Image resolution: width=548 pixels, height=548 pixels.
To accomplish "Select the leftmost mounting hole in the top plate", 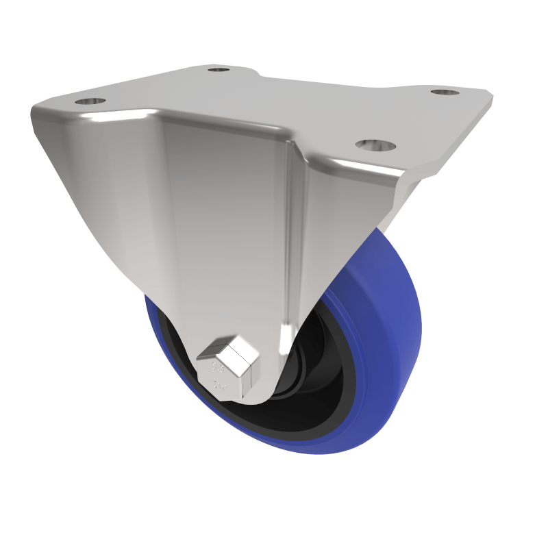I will (x=90, y=101).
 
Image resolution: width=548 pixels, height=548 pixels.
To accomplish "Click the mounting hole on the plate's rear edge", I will (x=219, y=69).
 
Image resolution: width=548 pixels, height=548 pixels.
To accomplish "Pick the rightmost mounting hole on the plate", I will (x=445, y=91).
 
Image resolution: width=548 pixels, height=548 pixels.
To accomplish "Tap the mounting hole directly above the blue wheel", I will (x=375, y=145).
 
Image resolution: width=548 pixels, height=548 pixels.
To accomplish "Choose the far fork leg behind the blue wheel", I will (x=397, y=206).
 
